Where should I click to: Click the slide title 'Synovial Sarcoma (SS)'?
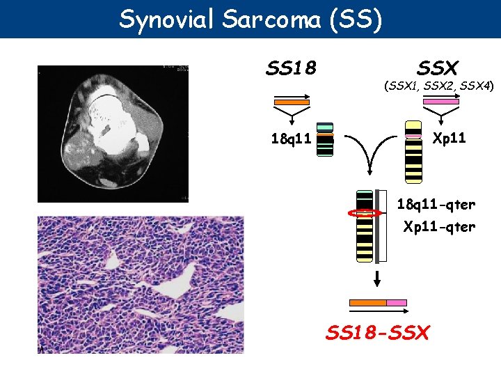point(250,19)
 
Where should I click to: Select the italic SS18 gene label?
point(292,68)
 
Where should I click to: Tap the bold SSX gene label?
point(437,68)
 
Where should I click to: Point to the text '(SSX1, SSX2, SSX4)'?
point(438,86)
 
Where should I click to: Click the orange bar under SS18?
point(292,102)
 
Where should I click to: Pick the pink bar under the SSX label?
point(441,102)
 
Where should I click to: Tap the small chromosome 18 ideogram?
point(324,141)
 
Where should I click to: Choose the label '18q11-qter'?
point(436,205)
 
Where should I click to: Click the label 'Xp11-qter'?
point(440,226)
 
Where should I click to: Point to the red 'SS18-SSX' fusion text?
point(378,332)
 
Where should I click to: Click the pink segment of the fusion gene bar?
point(397,303)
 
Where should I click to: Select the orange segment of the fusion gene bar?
point(367,303)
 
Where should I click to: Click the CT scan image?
point(113,132)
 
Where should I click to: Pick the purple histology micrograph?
point(141,284)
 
